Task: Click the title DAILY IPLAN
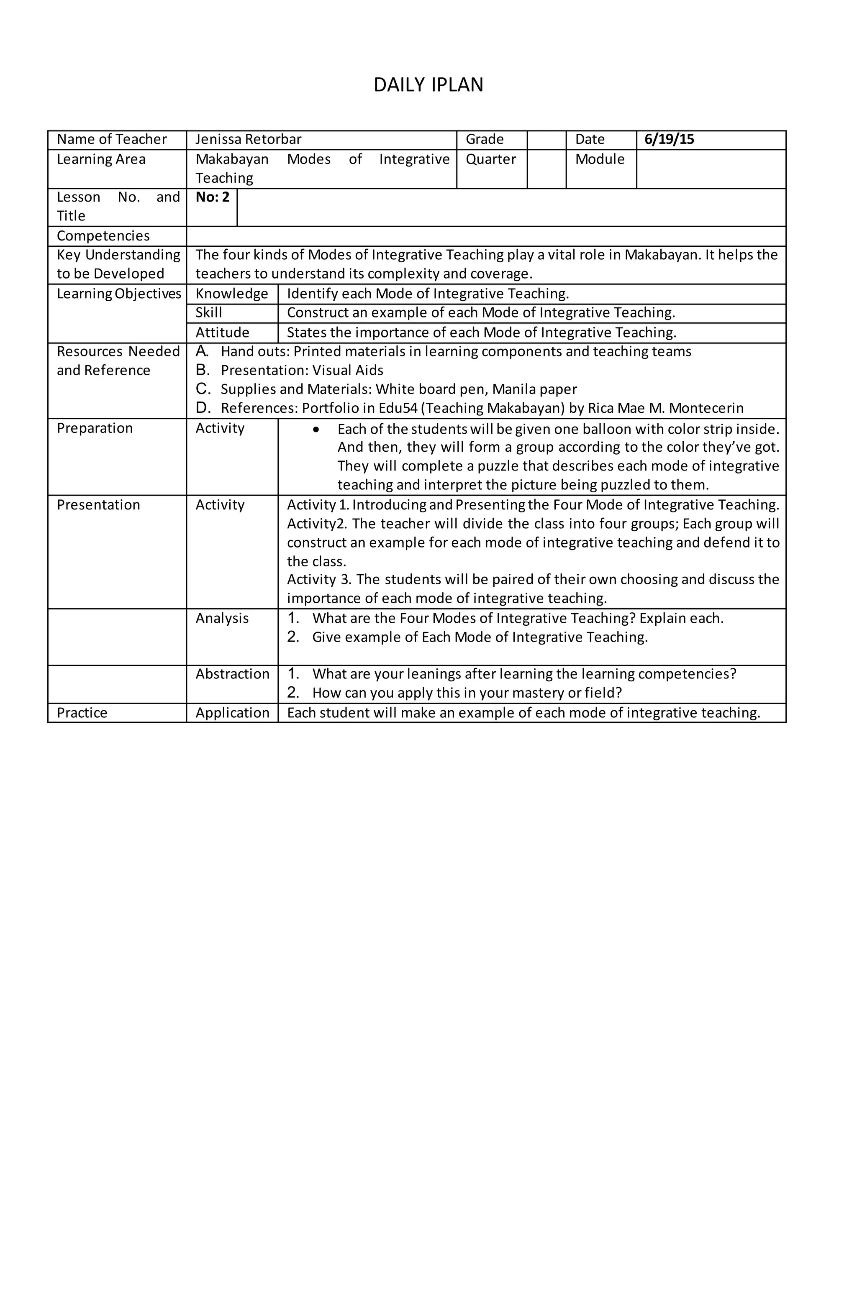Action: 428,85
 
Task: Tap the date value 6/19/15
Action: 669,139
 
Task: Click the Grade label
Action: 484,139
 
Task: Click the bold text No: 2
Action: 212,197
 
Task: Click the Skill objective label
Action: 209,312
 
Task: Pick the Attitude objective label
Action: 222,333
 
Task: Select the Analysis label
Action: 222,618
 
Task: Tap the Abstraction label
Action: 232,674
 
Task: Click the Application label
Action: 232,713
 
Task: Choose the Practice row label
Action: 82,713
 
